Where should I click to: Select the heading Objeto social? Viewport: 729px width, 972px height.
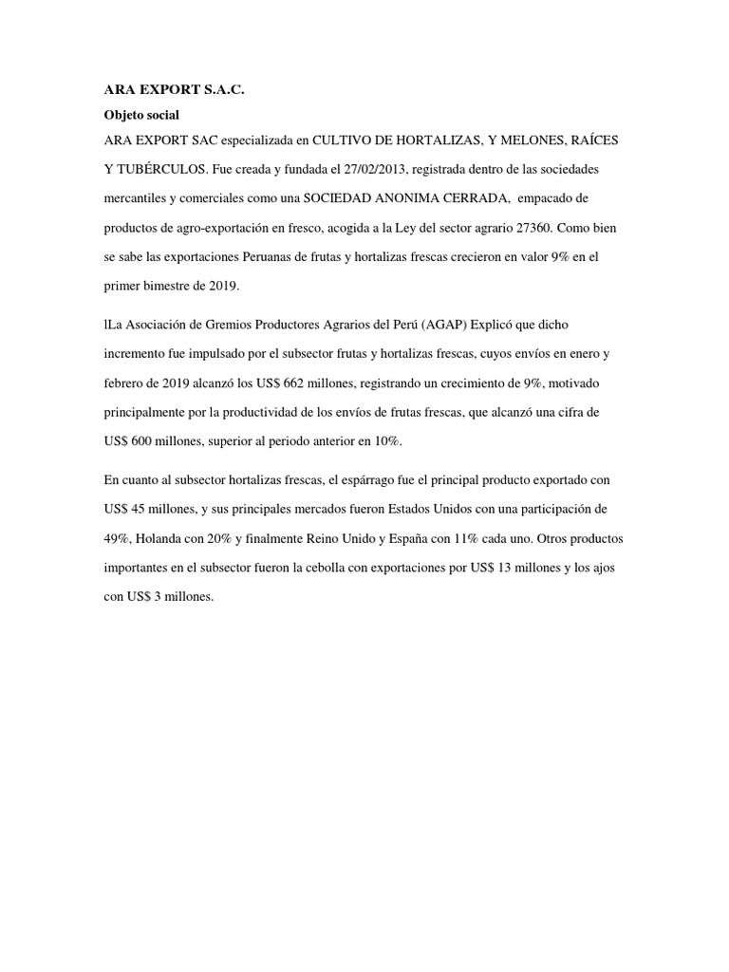tap(140, 114)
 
